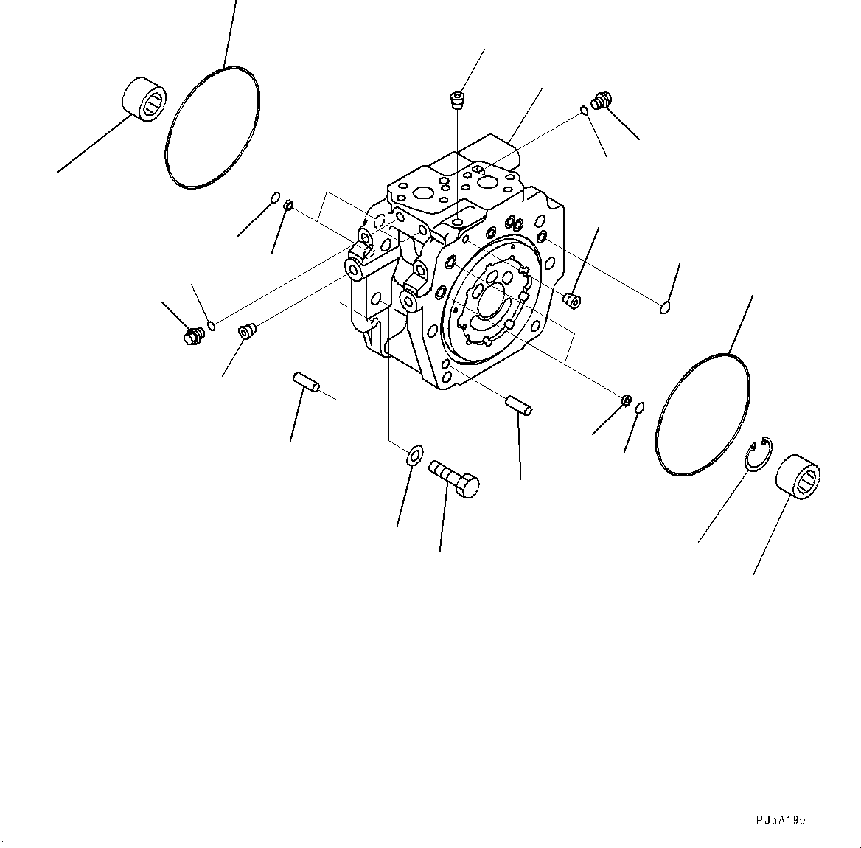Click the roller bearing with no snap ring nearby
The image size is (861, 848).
(x=144, y=99)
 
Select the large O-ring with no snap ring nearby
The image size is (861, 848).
(x=211, y=127)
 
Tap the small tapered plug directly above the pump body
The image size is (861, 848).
(x=458, y=100)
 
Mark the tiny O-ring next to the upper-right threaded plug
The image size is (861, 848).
(x=584, y=111)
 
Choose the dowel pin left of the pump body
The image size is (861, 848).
(x=305, y=382)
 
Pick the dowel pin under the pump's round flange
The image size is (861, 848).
(x=519, y=405)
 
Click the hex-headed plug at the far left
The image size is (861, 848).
(x=193, y=336)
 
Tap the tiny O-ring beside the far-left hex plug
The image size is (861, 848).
(x=212, y=324)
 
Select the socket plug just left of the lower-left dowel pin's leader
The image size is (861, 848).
(x=246, y=331)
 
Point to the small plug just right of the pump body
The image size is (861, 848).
(x=572, y=299)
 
